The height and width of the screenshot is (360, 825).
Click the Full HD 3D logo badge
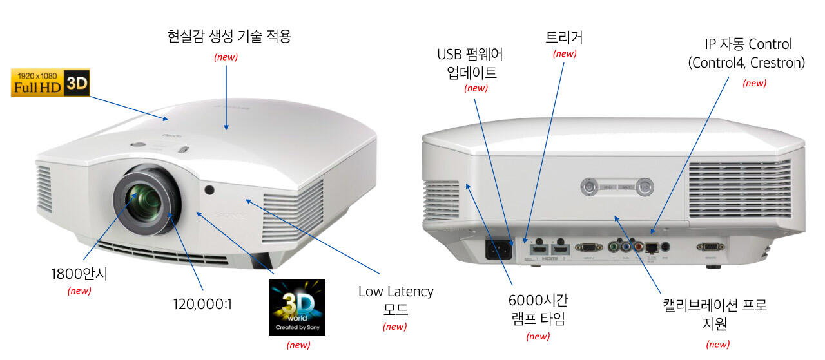click(x=50, y=83)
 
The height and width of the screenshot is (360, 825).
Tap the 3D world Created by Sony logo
click(x=296, y=307)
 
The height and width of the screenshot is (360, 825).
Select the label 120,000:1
click(x=202, y=303)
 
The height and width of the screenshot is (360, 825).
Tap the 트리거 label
click(x=564, y=37)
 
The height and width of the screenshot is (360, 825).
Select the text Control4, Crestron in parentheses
click(x=746, y=63)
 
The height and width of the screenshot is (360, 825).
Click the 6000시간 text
click(x=538, y=300)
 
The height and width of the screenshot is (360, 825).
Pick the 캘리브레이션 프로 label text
click(x=715, y=305)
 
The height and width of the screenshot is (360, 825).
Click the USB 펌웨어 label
click(x=470, y=54)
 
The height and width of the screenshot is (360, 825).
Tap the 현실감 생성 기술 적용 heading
click(x=229, y=37)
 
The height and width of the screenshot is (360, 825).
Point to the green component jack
click(x=613, y=247)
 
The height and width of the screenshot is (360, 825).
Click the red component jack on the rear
click(x=639, y=247)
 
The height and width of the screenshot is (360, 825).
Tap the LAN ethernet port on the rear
click(x=652, y=247)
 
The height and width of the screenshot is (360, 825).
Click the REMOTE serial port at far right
click(x=709, y=246)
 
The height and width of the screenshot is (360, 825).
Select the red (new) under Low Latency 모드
click(x=394, y=327)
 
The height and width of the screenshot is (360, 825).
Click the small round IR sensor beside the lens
click(x=209, y=190)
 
